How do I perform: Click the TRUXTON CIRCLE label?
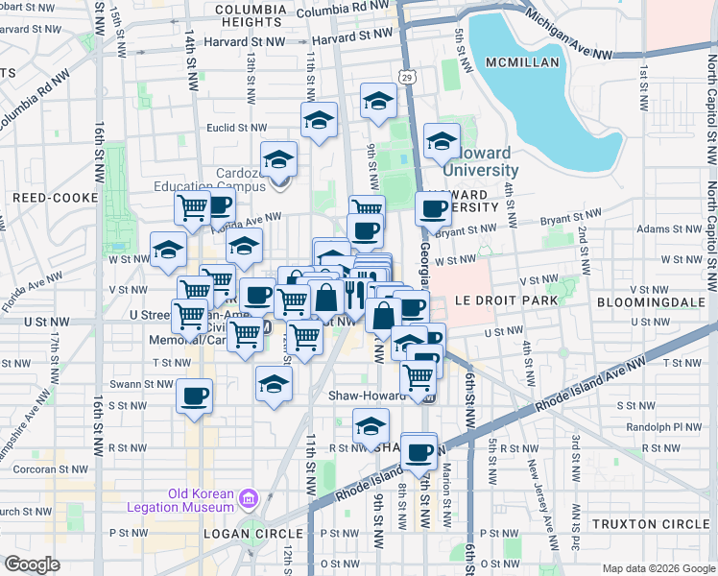[651, 524]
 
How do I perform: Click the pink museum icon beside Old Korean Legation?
[249, 498]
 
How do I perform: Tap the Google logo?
[33, 564]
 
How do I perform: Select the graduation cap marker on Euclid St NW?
[319, 120]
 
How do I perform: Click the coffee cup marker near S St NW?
[195, 396]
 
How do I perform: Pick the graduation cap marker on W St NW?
[168, 250]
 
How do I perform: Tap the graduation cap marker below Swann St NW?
[274, 384]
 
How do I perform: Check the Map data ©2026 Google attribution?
[658, 568]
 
